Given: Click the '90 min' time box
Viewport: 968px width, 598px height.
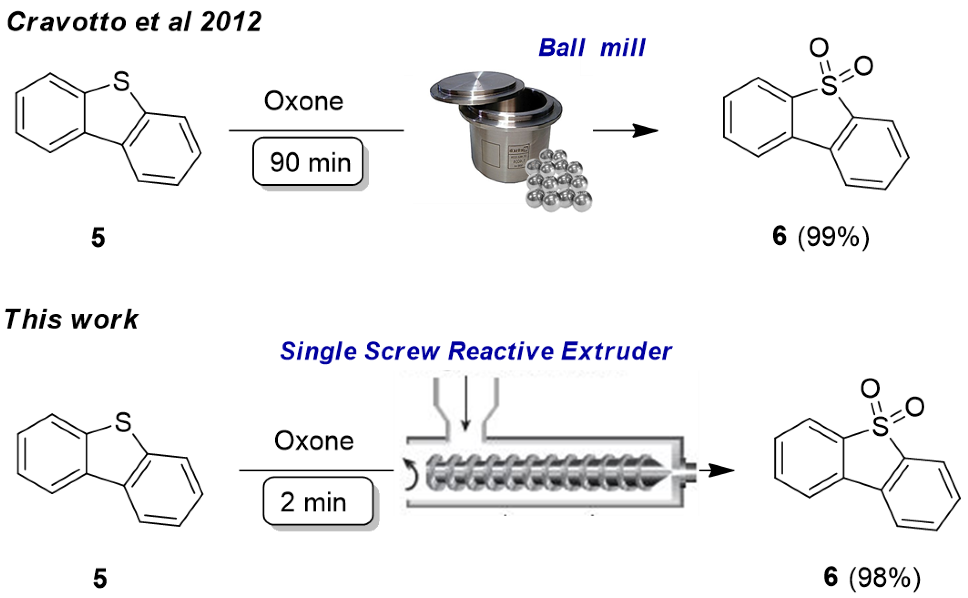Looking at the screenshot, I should point(308,161).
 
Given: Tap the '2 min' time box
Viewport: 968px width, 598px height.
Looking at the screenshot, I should point(318,501).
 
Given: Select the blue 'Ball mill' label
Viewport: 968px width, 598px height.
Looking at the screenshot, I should point(592,48).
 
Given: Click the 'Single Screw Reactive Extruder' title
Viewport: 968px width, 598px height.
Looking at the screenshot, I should point(476,351).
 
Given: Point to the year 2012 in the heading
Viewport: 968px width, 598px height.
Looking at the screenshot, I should point(231,22).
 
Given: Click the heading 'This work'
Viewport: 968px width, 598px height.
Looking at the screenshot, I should point(71,319).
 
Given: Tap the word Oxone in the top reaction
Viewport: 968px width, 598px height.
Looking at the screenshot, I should point(304,101).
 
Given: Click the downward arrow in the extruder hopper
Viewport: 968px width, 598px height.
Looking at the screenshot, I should point(466,404).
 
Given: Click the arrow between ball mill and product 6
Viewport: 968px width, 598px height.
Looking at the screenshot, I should point(625,131).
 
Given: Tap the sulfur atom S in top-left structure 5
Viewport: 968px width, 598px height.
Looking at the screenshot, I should point(121,81).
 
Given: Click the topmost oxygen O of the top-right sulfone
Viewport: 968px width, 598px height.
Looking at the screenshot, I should point(819,47).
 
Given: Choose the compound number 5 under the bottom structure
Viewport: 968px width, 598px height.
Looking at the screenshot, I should point(100,578).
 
